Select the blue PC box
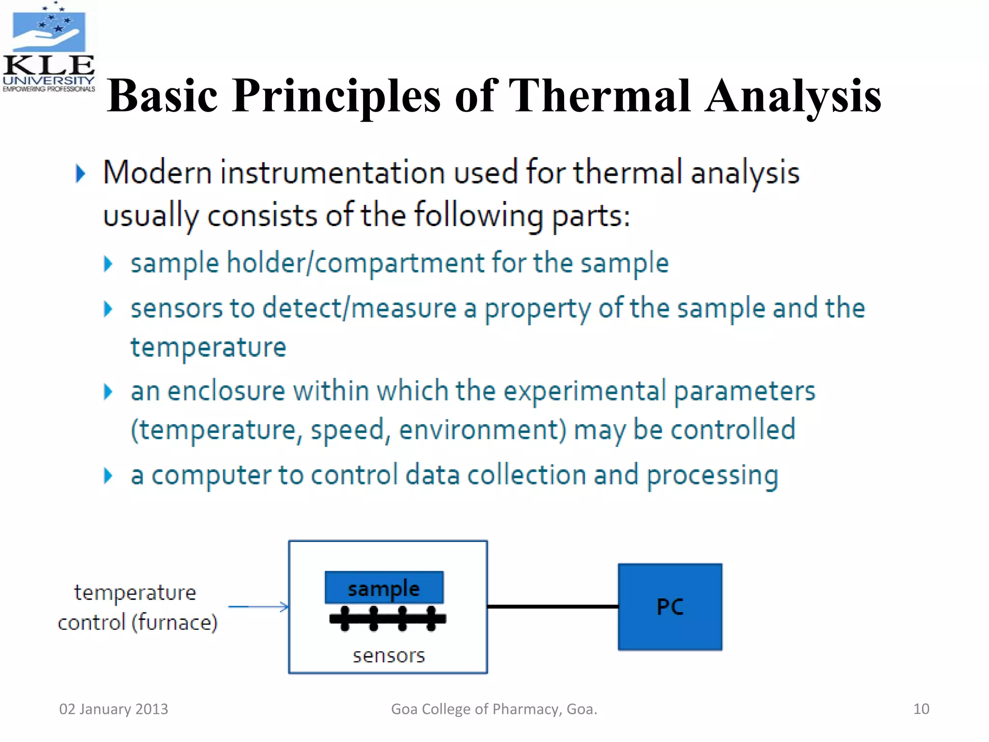pyautogui.click(x=670, y=607)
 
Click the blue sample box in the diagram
pyautogui.click(x=384, y=587)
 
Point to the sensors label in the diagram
pyautogui.click(x=389, y=656)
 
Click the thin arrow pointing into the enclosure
pyautogui.click(x=258, y=607)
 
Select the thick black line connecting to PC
pyautogui.click(x=552, y=606)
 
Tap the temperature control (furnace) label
pyautogui.click(x=137, y=607)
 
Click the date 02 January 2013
pyautogui.click(x=113, y=709)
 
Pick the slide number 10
pyautogui.click(x=921, y=709)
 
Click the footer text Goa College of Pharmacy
pyautogui.click(x=494, y=709)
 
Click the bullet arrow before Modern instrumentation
pyautogui.click(x=81, y=173)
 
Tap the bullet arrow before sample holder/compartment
pyautogui.click(x=108, y=264)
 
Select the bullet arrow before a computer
pyautogui.click(x=108, y=476)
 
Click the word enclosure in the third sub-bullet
pyautogui.click(x=226, y=391)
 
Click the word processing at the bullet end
pyautogui.click(x=712, y=476)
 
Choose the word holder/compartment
pyautogui.click(x=355, y=264)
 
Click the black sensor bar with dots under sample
pyautogui.click(x=387, y=619)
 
